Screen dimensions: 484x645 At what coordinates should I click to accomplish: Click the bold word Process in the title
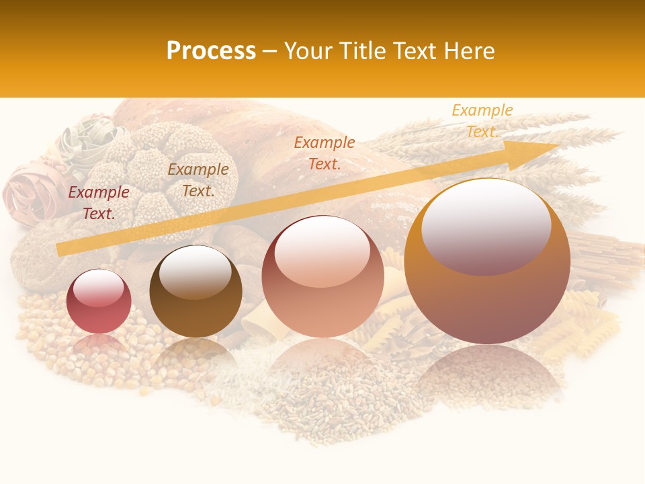coord(211,51)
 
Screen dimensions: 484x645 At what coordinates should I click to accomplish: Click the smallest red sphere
coord(99,302)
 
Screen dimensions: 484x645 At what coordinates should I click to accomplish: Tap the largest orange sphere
coord(487,262)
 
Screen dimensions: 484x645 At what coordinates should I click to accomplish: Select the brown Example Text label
coord(198,180)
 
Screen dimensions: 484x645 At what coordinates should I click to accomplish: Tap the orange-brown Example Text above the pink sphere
coord(325,153)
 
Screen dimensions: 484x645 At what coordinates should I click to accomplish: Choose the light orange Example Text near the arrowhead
coord(482,121)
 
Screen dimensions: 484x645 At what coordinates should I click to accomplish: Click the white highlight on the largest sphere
coord(486,222)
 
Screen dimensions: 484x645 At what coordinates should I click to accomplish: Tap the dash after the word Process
coord(270,51)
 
